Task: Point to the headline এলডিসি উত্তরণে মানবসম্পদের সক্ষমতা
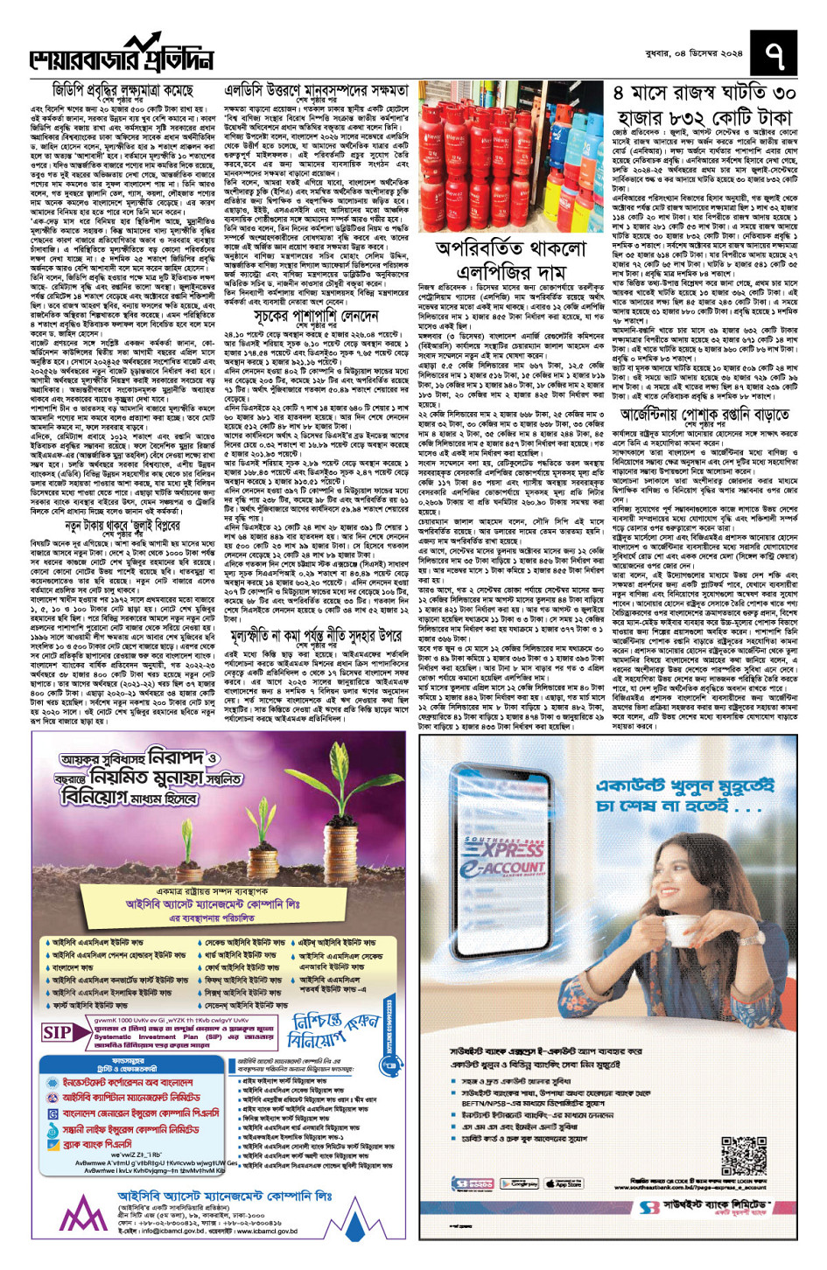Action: click(x=316, y=91)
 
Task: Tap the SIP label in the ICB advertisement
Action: click(x=58, y=1032)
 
